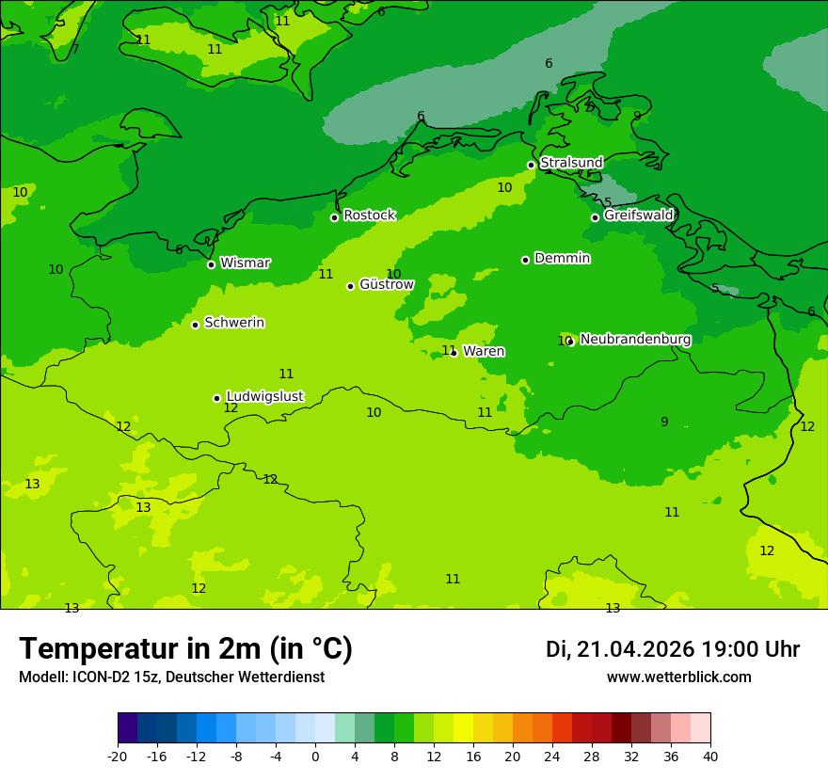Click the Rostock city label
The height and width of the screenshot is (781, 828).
[x=369, y=215]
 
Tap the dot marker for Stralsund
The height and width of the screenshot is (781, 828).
[x=531, y=165]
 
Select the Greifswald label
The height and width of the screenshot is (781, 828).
[x=638, y=215]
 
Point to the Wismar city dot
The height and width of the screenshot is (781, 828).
[x=211, y=264]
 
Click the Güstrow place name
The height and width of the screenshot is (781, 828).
[x=386, y=284]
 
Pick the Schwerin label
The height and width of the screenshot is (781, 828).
[x=233, y=323]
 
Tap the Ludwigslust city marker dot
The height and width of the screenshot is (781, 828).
[x=216, y=398]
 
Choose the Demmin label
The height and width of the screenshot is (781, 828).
[x=562, y=258]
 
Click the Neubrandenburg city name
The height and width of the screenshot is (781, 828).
[x=635, y=340]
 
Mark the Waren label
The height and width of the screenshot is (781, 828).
[x=484, y=351]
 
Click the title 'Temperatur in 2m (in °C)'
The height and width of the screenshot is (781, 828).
[x=185, y=649]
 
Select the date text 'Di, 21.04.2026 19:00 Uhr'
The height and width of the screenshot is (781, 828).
[x=672, y=649]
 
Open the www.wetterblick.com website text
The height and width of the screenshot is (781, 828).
[x=678, y=677]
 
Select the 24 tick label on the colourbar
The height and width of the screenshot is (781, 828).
[x=552, y=756]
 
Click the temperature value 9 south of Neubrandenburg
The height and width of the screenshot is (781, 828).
[x=664, y=422]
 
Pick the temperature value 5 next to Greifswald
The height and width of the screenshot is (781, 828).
[x=608, y=202]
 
